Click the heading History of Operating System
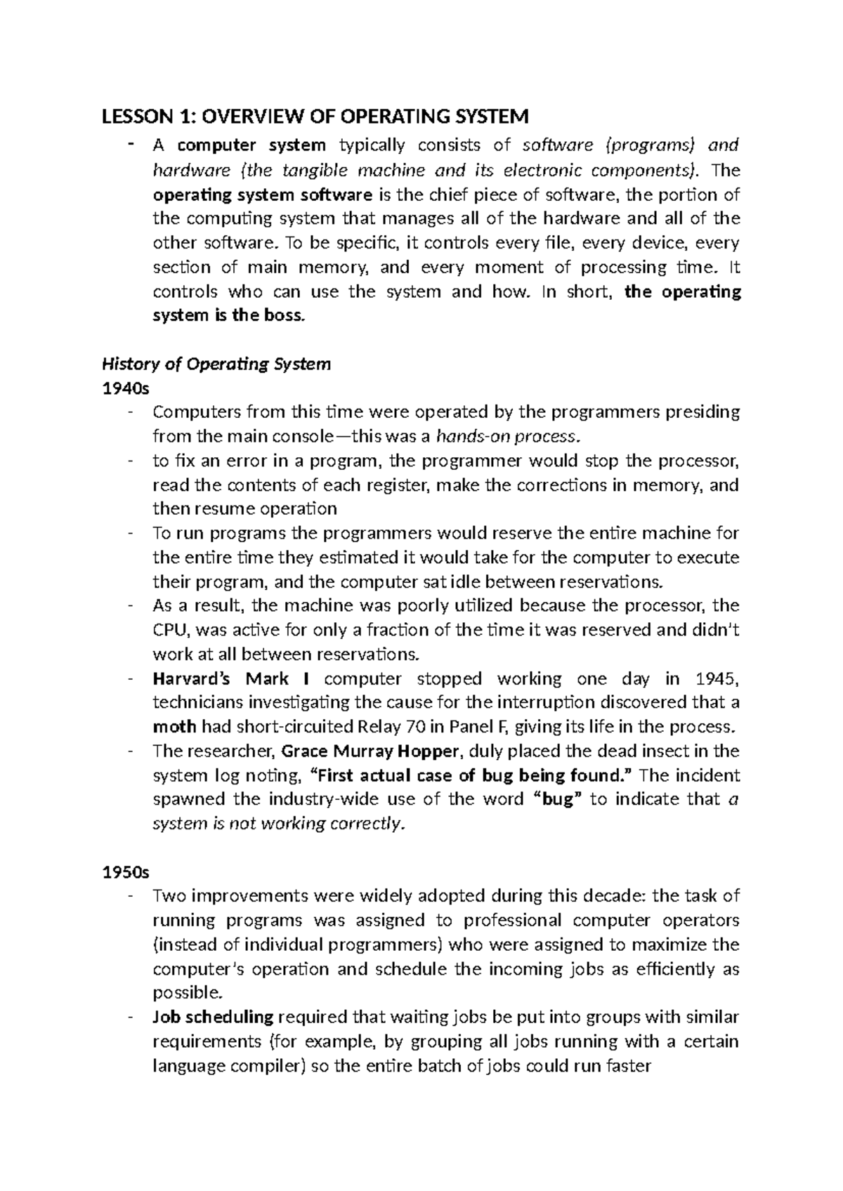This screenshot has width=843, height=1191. click(x=216, y=364)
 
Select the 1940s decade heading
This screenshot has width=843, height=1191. click(x=121, y=388)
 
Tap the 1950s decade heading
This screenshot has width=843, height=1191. click(x=126, y=872)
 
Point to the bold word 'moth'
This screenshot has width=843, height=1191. click(x=174, y=727)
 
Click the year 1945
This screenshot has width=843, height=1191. click(x=716, y=679)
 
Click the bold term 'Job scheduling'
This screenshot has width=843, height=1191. click(x=213, y=1017)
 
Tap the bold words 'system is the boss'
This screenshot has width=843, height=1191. click(x=229, y=316)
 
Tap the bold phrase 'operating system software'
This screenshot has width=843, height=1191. click(x=263, y=195)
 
